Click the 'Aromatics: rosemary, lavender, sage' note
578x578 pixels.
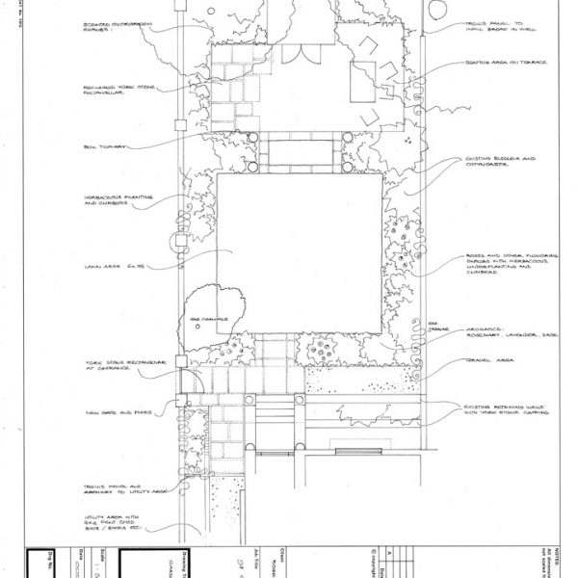[x=497, y=332]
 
